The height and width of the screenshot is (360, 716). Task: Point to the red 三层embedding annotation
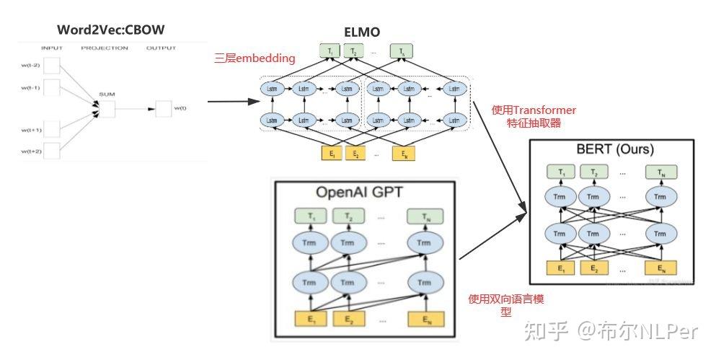coord(255,58)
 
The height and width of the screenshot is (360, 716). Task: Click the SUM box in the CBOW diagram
coord(107,109)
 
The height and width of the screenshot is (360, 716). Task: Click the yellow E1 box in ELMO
coord(332,153)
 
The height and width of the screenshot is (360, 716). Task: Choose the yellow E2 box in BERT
coord(593,268)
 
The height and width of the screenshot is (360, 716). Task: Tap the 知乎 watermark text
coord(545,331)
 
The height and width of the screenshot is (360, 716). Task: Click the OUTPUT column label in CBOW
coord(161,48)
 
